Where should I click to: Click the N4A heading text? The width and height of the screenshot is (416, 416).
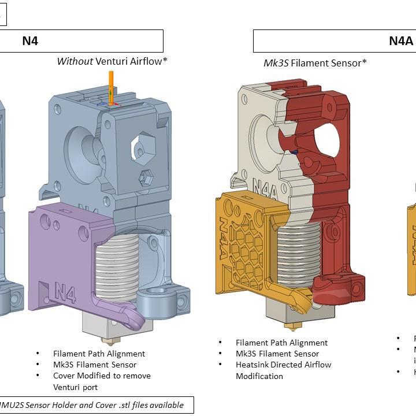pyautogui.click(x=400, y=41)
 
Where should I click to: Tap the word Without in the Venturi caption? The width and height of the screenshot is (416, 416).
pyautogui.click(x=75, y=61)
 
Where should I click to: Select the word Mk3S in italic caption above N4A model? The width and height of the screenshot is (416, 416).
pyautogui.click(x=276, y=63)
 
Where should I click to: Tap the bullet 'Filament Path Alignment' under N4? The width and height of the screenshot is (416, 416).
pyautogui.click(x=99, y=354)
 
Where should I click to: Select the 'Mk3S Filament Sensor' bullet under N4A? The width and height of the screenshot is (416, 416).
pyautogui.click(x=277, y=354)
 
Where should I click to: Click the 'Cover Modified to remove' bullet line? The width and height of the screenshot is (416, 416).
pyautogui.click(x=102, y=376)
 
